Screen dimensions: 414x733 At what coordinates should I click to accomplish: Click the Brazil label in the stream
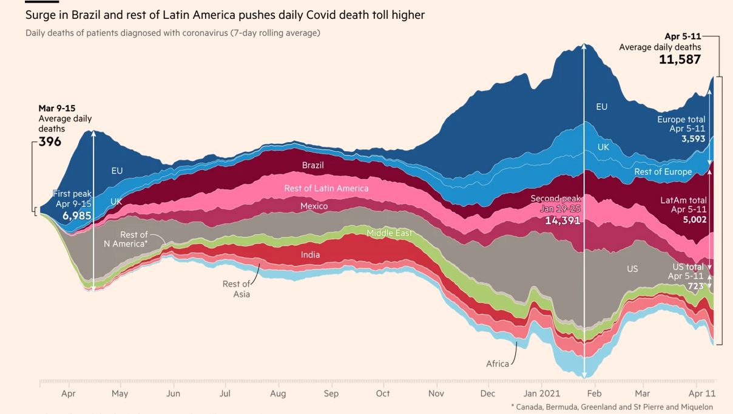[313, 165]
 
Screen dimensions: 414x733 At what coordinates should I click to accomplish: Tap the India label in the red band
[310, 255]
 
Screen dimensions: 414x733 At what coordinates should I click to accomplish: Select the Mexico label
[314, 206]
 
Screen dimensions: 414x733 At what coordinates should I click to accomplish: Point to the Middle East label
[389, 233]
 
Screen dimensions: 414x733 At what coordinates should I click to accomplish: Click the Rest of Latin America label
[326, 188]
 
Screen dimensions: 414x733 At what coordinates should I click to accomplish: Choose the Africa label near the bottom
[498, 364]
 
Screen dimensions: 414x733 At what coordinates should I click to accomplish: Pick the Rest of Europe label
[663, 172]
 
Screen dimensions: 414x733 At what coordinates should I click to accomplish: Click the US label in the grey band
[632, 268]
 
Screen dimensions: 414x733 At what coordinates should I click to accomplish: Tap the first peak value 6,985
[77, 215]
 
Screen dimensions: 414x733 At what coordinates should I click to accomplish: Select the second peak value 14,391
[562, 220]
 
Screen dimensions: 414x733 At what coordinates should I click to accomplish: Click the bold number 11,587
[680, 59]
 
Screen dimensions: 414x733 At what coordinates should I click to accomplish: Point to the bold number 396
[50, 141]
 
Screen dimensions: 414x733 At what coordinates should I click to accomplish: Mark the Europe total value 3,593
[694, 138]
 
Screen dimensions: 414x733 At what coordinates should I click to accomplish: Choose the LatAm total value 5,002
[694, 219]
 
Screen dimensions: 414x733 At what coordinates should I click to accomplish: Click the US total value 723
[695, 286]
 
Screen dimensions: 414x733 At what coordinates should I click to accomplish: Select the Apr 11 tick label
[702, 393]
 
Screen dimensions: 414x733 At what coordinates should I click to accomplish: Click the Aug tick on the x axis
[278, 393]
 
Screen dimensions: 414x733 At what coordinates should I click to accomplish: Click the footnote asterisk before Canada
[513, 407]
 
